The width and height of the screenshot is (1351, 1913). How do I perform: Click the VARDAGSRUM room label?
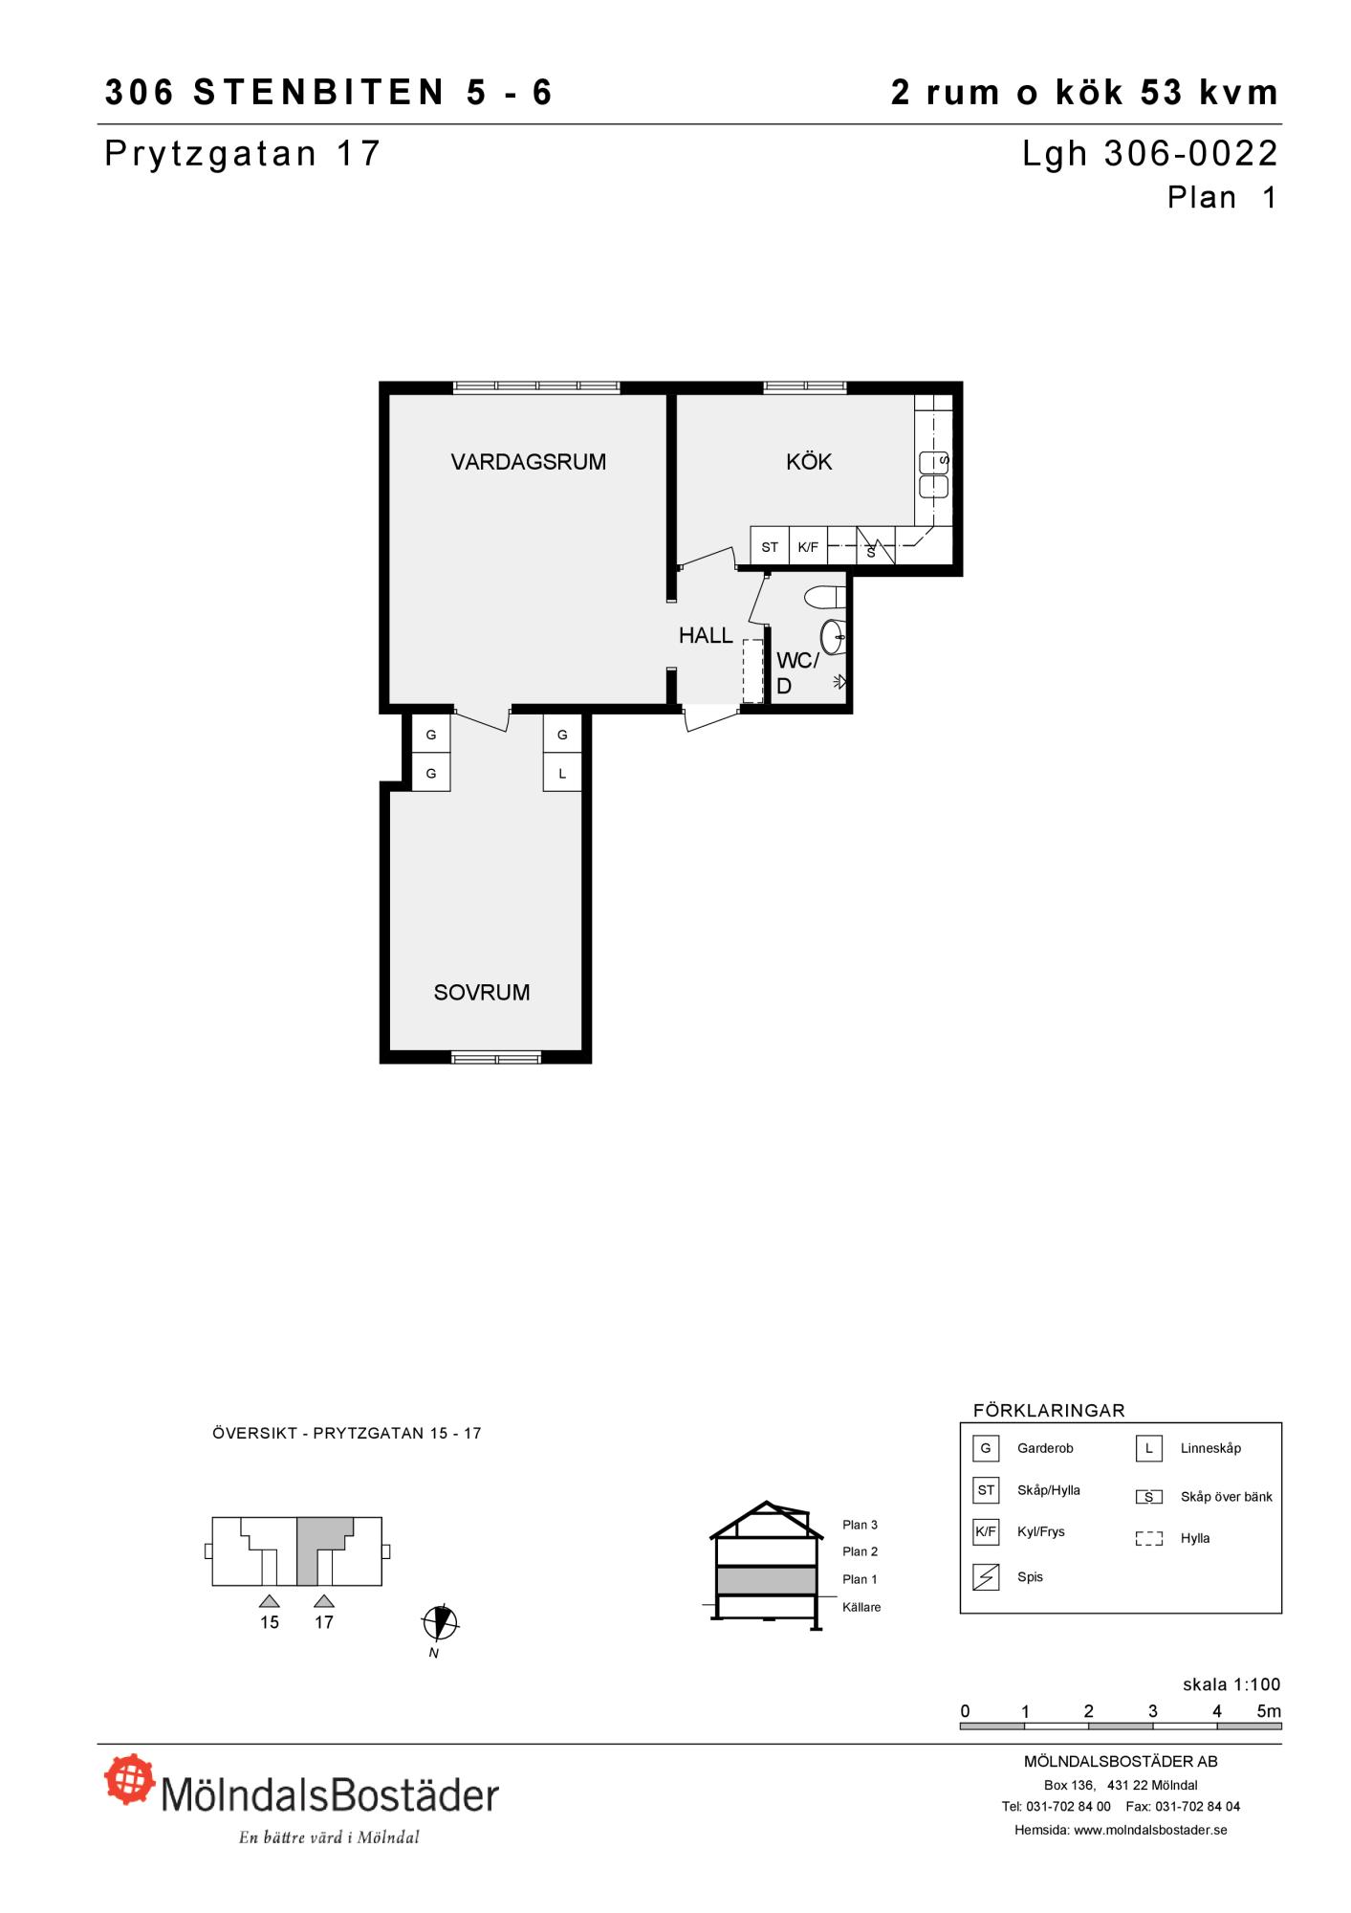[528, 462]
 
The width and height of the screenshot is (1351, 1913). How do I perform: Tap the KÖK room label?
[809, 462]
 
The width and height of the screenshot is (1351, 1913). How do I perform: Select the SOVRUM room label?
[482, 993]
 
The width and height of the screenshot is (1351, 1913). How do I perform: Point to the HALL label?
[706, 635]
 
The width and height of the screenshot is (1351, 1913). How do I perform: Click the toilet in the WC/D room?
[825, 597]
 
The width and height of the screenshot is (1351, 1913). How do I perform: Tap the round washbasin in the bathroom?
[834, 637]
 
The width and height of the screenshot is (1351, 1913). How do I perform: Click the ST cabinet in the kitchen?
[770, 547]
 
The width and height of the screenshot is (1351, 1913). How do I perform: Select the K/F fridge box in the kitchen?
[808, 547]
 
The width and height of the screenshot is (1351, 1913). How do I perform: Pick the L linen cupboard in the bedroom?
[562, 773]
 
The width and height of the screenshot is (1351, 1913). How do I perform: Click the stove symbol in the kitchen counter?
[876, 546]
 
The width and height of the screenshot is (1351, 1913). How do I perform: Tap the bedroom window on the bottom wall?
[496, 1057]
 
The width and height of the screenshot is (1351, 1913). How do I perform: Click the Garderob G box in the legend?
[986, 1448]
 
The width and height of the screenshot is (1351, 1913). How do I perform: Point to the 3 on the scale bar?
[1153, 1711]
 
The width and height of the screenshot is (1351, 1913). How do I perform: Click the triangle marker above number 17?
[324, 1601]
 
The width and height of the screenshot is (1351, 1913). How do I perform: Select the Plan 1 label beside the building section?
[860, 1579]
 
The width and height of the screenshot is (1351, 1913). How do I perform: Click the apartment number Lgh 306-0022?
[1150, 154]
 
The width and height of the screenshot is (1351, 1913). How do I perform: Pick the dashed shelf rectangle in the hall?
[753, 671]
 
